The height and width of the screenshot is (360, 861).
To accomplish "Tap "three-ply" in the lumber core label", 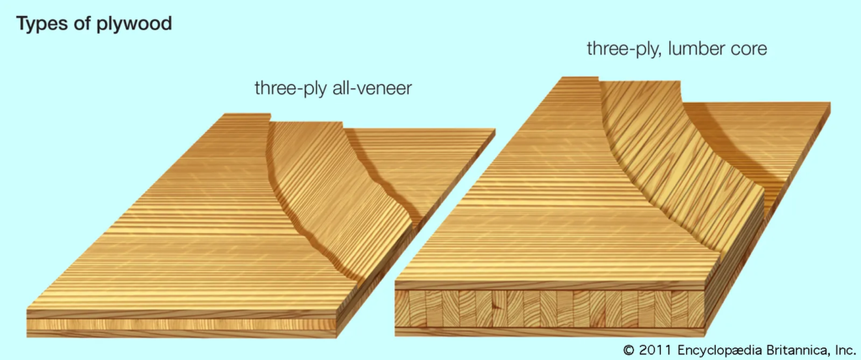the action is coord(623,50).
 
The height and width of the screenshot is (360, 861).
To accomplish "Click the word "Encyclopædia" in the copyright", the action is coord(719,350).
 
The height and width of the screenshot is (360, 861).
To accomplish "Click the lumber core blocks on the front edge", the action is coord(550,309).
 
